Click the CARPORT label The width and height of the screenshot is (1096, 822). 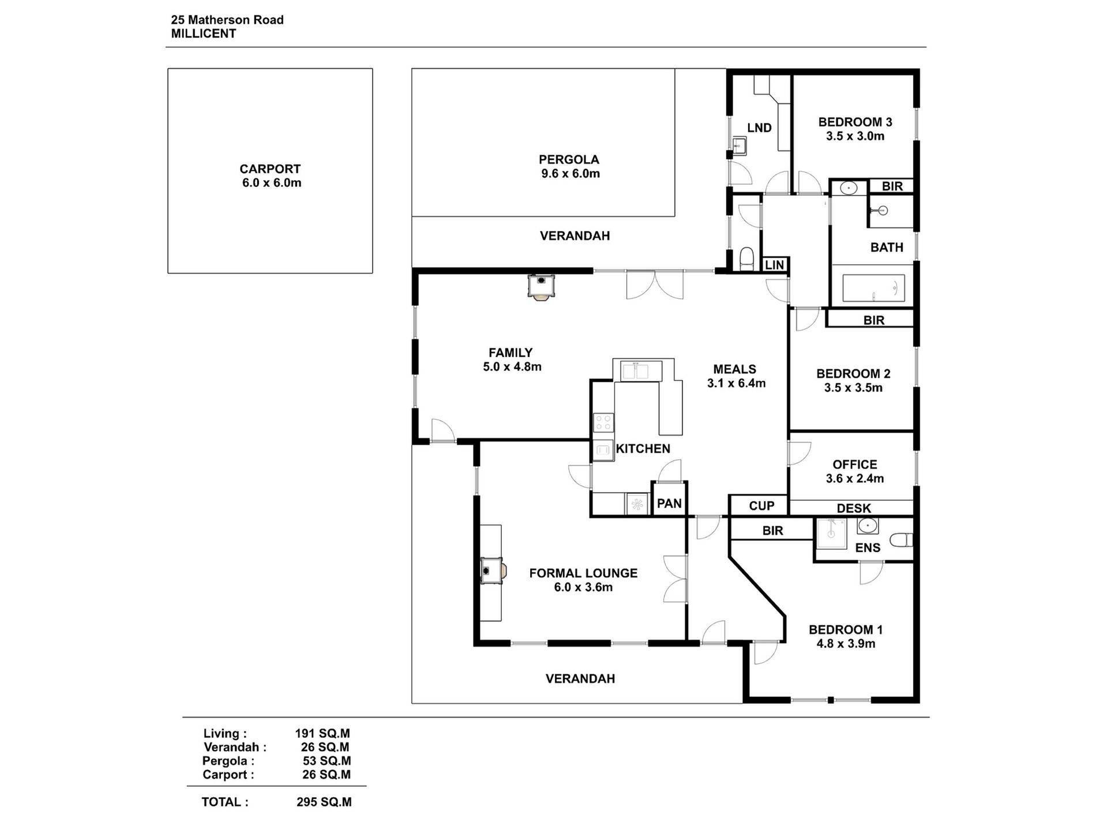point(270,169)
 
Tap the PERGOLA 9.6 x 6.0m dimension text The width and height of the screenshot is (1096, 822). point(570,174)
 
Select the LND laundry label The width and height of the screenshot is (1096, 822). point(759,128)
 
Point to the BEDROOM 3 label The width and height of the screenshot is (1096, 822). point(855,122)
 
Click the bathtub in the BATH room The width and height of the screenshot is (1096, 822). point(873,288)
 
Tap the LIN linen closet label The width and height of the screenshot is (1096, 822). point(774,265)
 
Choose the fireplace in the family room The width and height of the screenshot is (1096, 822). point(542,286)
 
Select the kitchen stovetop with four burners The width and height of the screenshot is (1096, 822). point(603,423)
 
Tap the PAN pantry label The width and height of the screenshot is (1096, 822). point(669,504)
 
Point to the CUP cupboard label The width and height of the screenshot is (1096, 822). point(761,506)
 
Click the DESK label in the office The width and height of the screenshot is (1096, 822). point(854,508)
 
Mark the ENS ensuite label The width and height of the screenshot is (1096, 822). point(868,548)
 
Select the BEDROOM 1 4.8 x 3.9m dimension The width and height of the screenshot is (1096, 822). point(846,644)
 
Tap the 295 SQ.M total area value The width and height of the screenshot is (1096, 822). point(324,802)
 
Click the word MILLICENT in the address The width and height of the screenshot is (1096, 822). point(204,33)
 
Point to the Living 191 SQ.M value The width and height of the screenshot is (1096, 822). point(322,734)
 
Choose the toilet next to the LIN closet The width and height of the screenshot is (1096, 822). point(746,259)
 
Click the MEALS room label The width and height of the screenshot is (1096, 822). point(734,369)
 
